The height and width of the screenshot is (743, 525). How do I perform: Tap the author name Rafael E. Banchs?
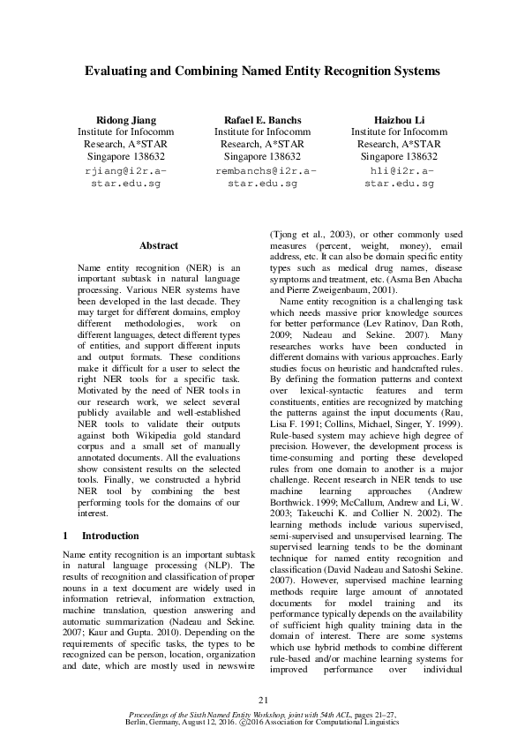click(262, 120)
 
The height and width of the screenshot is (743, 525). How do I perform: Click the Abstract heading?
click(159, 245)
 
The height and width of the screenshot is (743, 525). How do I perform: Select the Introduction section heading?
click(109, 536)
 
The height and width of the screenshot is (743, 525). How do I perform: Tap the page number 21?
click(262, 700)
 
